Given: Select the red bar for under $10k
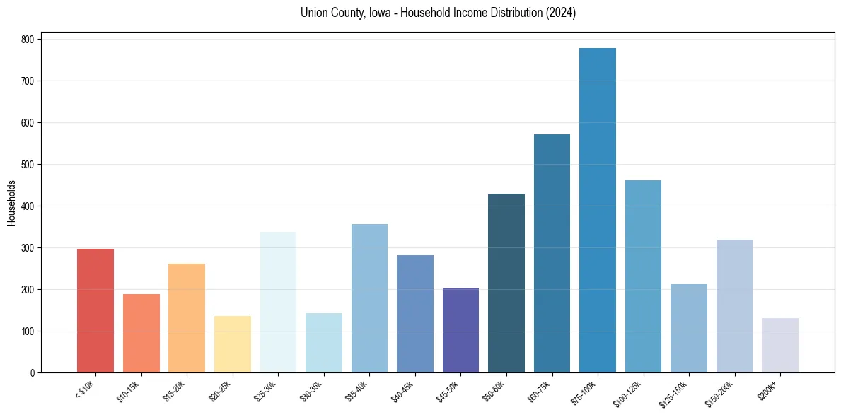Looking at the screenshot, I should pyautogui.click(x=95, y=311).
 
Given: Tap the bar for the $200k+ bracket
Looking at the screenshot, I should pyautogui.click(x=780, y=346).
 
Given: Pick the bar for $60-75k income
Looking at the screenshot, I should pyautogui.click(x=552, y=254).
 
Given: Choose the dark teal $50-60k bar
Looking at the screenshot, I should pyautogui.click(x=506, y=283).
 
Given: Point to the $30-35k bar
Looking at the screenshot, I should pyautogui.click(x=324, y=343).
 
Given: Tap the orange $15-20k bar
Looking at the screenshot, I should pyautogui.click(x=187, y=318).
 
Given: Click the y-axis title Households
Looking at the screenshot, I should pyautogui.click(x=11, y=203).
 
